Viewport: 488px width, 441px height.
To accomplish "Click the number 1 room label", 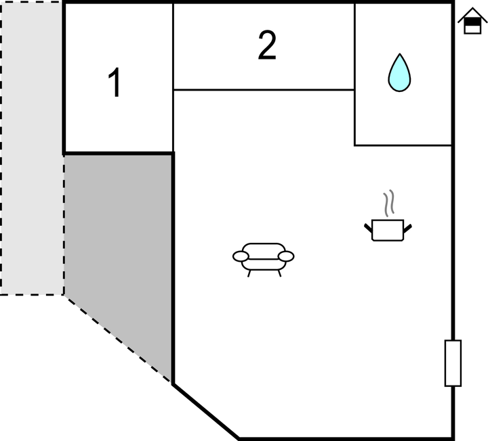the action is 115,83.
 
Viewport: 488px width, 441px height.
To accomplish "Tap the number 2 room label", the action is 267,45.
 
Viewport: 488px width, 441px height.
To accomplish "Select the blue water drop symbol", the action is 399,72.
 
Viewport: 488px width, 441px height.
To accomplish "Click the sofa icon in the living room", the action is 263,260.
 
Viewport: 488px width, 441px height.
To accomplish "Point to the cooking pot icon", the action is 388,230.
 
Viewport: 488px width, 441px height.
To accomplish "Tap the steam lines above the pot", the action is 388,203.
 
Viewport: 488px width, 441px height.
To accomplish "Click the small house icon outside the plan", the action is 472,21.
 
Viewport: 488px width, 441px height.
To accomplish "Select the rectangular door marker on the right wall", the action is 453,363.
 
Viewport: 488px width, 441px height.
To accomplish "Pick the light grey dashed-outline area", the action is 31,148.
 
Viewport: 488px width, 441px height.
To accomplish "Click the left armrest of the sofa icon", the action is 241,256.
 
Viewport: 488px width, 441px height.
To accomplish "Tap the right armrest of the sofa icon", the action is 286,256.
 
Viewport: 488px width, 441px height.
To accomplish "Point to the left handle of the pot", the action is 368,228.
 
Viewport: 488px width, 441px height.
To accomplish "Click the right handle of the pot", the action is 408,228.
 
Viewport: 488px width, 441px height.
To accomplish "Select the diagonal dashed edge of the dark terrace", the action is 117,338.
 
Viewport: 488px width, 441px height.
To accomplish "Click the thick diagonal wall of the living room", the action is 206,411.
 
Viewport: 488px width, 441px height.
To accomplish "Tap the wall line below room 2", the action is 264,90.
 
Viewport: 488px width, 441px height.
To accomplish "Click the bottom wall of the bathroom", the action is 403,145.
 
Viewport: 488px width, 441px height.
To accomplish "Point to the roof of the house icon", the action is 472,14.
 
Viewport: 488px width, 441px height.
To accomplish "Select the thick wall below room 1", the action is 118,154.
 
